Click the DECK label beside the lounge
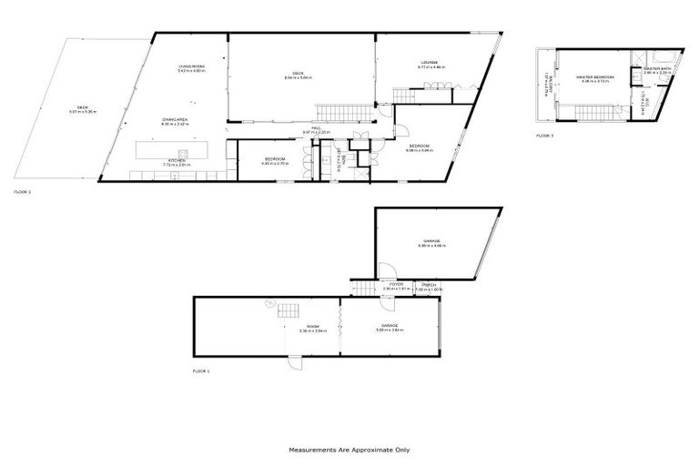tap(299, 76)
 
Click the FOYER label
tap(397, 285)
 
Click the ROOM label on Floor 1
tap(312, 327)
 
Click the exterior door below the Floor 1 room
tap(293, 363)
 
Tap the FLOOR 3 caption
tap(543, 136)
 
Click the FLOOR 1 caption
tap(201, 371)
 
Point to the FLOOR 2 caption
tap(23, 193)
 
